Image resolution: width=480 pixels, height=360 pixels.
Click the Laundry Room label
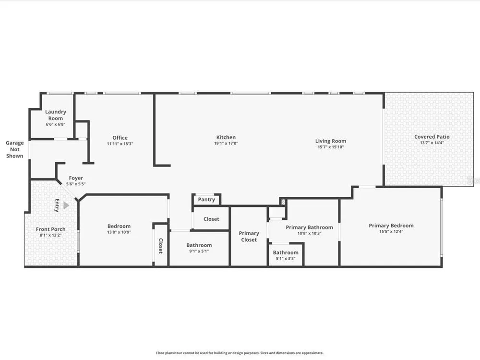(x=55, y=115)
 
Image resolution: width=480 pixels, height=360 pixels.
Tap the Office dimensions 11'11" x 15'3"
(x=120, y=144)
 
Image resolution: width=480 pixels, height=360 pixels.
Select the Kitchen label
(x=226, y=137)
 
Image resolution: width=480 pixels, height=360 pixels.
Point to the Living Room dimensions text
(x=331, y=147)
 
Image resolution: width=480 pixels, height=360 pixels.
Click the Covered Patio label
(x=432, y=137)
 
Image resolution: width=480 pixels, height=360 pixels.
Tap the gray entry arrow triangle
(x=66, y=205)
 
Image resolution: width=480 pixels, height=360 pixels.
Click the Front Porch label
(x=50, y=229)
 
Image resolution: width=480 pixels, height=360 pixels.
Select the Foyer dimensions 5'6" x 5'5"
(x=76, y=184)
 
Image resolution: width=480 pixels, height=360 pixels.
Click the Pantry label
(x=206, y=200)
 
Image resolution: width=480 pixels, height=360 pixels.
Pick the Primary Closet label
(x=249, y=237)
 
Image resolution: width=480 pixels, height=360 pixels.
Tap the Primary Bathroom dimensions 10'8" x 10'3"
(x=309, y=233)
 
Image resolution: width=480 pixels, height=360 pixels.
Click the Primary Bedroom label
(x=391, y=226)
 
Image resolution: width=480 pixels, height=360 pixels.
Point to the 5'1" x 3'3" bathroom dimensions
(x=286, y=258)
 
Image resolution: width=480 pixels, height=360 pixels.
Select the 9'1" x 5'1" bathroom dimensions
(x=199, y=251)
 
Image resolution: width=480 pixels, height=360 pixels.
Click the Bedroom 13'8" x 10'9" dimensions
(x=119, y=232)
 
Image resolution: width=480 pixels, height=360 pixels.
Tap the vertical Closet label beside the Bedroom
(x=161, y=246)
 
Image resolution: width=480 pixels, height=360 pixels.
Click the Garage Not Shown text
(x=15, y=149)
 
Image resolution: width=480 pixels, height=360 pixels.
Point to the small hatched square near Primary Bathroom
(x=283, y=202)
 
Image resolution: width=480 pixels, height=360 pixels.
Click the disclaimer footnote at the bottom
(x=240, y=353)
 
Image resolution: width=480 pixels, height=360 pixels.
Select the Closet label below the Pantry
(x=211, y=219)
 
